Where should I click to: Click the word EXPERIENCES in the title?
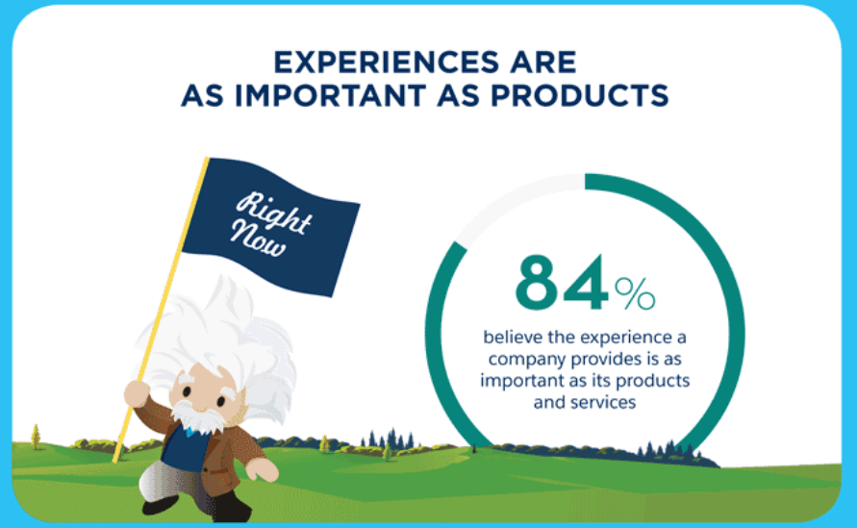387,62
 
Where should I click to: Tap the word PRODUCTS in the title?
579,95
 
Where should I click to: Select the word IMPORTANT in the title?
330,95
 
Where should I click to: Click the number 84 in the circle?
562,283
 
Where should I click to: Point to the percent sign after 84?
635,293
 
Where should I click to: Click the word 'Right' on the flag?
274,214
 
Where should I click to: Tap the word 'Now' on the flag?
258,239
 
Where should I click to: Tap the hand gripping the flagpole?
137,393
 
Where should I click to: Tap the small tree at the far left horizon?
37,437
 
